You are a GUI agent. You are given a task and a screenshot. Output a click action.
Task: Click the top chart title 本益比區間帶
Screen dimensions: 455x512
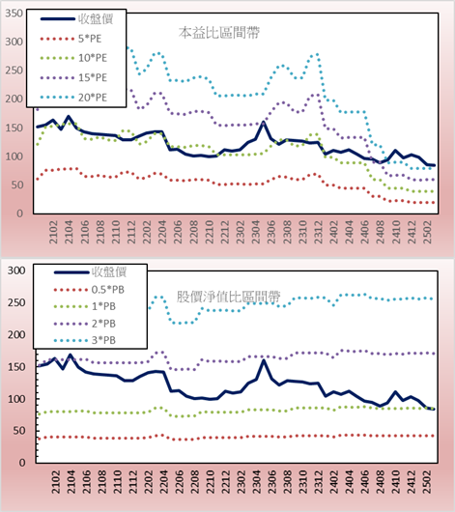[219, 33]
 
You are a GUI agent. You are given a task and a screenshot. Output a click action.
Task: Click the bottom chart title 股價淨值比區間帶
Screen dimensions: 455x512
[228, 297]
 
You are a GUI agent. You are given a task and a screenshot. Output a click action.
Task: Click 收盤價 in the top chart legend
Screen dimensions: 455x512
[96, 19]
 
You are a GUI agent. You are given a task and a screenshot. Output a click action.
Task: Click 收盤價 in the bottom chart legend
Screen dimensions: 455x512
[109, 272]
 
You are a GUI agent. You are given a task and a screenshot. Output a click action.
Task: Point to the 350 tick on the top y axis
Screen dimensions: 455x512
[14, 14]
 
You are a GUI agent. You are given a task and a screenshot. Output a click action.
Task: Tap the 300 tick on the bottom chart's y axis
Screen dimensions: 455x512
[16, 270]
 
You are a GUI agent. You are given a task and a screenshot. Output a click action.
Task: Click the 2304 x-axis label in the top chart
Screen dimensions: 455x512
[255, 232]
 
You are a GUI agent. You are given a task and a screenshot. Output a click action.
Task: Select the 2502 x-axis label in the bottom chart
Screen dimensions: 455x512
[427, 482]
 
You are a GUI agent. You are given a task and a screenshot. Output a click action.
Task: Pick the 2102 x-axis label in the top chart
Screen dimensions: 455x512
[53, 232]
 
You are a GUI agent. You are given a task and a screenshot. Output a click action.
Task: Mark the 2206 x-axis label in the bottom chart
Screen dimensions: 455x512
[179, 482]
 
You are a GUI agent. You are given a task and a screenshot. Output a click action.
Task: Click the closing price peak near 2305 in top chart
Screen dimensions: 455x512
[264, 123]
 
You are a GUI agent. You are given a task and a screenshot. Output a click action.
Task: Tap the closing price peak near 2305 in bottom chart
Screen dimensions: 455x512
[264, 360]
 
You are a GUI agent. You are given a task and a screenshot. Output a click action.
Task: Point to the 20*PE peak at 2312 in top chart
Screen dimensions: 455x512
[317, 54]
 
